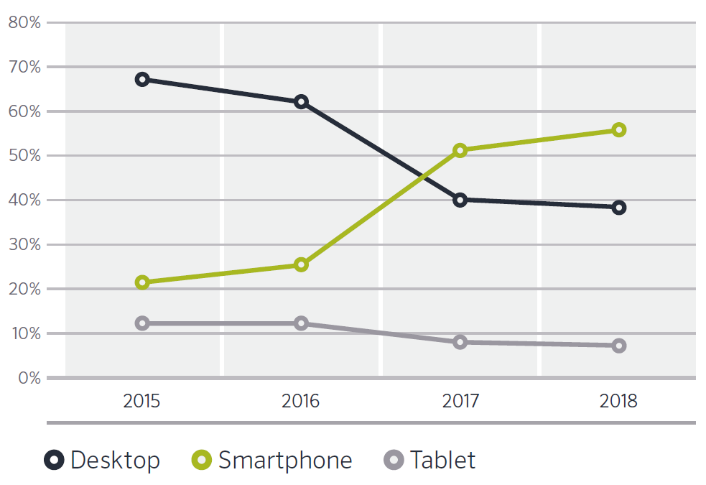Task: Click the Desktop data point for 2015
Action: (142, 79)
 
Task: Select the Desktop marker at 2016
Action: (301, 101)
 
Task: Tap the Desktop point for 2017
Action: (460, 200)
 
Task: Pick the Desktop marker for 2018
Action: (618, 208)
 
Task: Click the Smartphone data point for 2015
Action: (142, 282)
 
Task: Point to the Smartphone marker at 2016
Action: (301, 264)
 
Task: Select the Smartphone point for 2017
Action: (460, 150)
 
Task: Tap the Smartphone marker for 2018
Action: (618, 130)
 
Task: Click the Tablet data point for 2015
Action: (142, 323)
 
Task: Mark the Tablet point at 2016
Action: (301, 323)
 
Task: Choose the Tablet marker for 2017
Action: (460, 342)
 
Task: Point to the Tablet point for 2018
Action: (618, 346)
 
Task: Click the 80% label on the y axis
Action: (24, 22)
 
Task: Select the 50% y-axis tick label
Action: (24, 156)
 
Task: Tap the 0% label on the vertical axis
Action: (28, 378)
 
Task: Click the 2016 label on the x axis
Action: (301, 400)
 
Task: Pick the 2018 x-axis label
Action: (618, 400)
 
